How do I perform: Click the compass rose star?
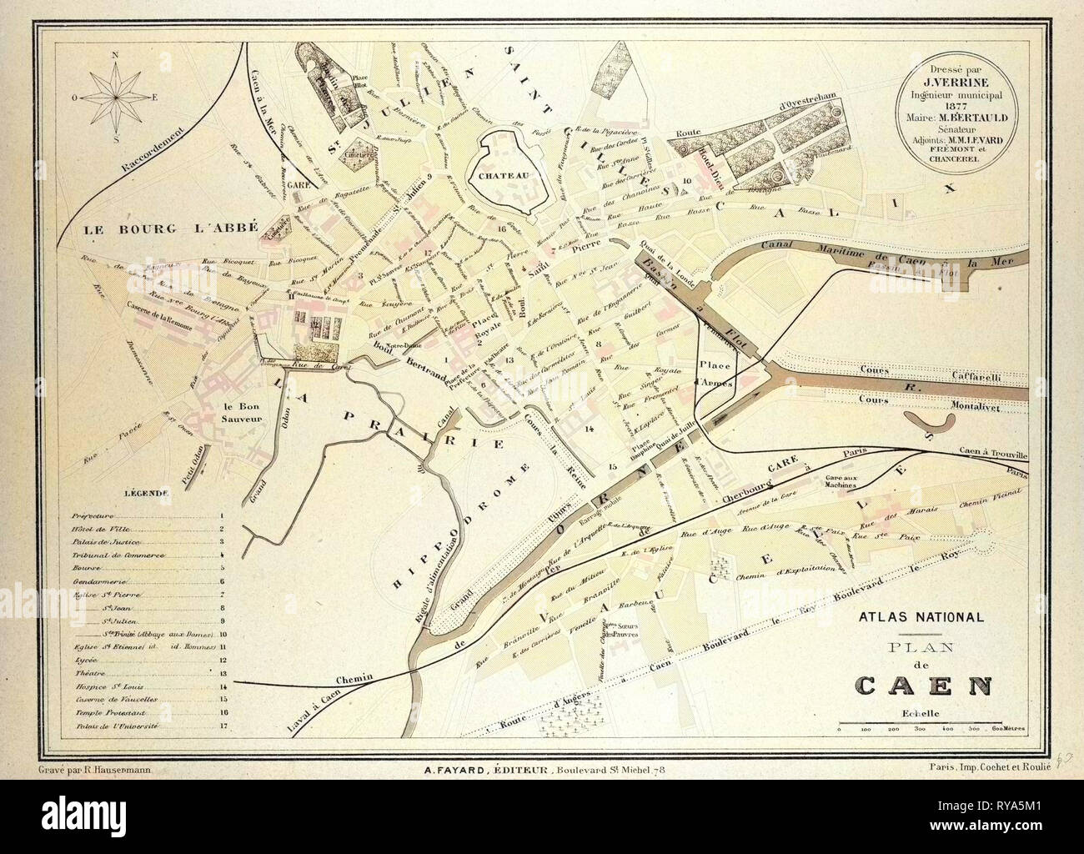coord(117,95)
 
